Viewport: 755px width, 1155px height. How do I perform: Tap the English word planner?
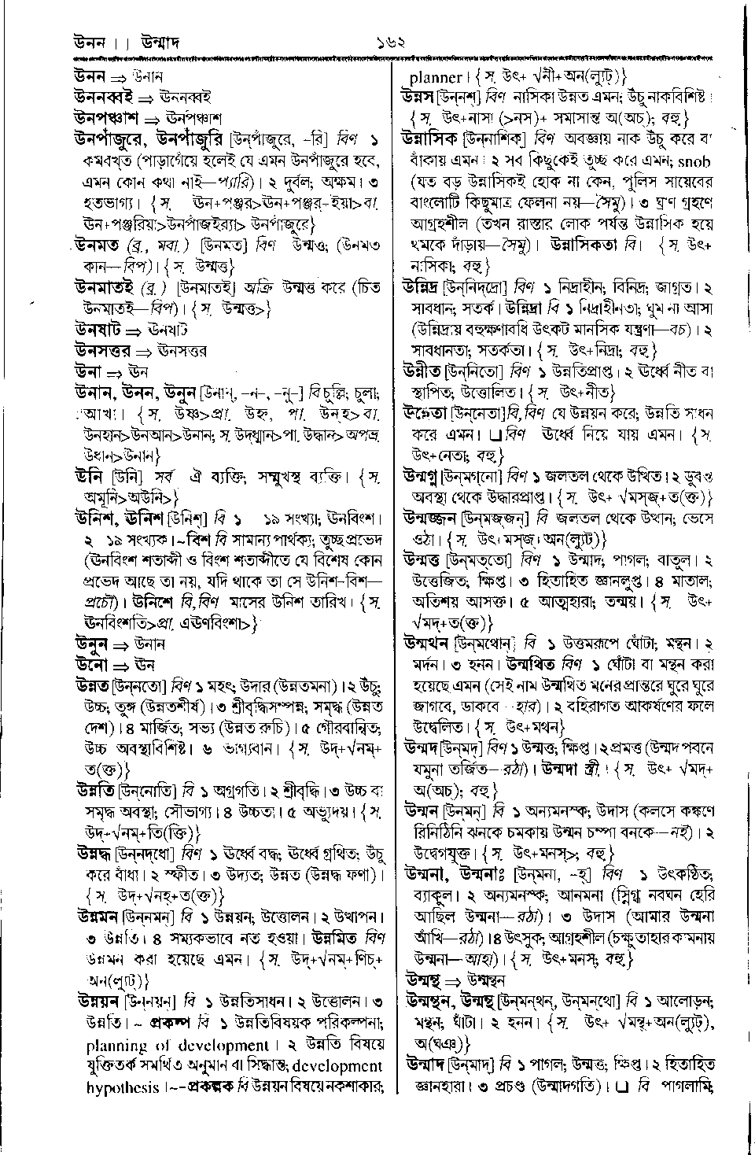pyautogui.click(x=436, y=77)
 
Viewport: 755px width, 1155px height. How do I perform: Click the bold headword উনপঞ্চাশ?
pyautogui.click(x=106, y=118)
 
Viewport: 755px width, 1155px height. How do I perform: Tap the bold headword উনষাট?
pyautogui.click(x=96, y=329)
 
